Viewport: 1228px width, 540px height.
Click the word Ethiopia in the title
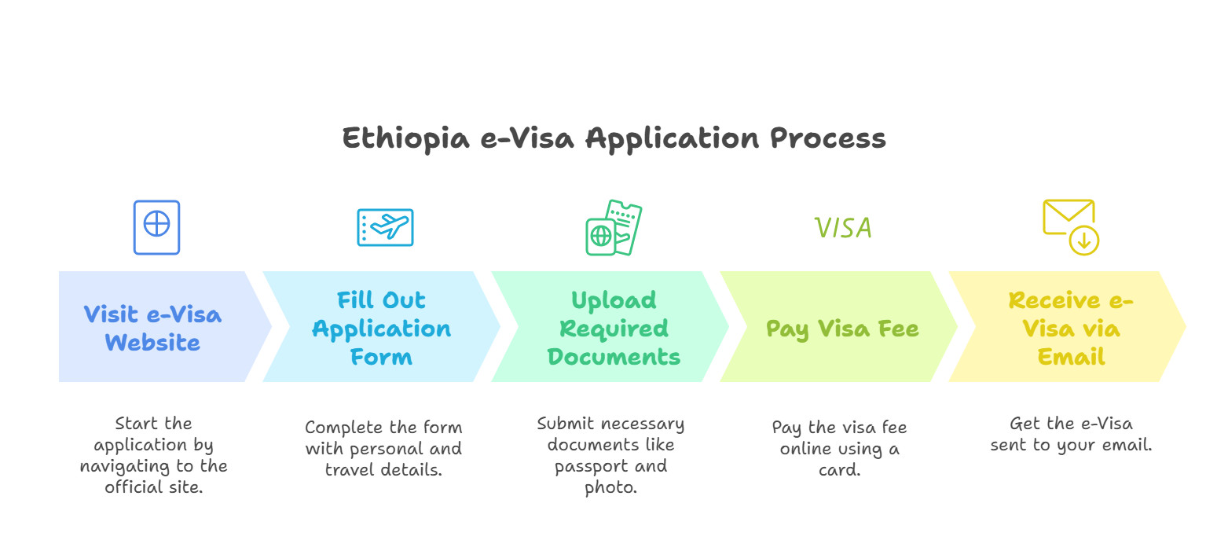click(x=406, y=138)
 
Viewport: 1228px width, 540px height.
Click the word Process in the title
click(x=828, y=138)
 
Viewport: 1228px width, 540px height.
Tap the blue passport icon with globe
click(x=157, y=227)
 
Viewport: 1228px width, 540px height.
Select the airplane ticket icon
click(x=386, y=227)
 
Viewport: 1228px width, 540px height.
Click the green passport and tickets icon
click(x=614, y=227)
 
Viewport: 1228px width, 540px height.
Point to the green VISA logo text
click(x=842, y=228)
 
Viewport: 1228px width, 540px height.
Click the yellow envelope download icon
click(x=1071, y=227)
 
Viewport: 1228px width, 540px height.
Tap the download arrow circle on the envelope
click(x=1083, y=240)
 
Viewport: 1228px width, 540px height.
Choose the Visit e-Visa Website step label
click(x=152, y=329)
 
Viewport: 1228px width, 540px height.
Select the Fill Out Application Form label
click(x=382, y=329)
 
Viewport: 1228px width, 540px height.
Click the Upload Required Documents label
click(x=614, y=329)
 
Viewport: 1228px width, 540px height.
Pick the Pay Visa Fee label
click(x=842, y=329)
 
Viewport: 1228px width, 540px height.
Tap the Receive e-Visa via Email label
click(x=1071, y=329)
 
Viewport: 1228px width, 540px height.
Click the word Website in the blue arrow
click(x=152, y=343)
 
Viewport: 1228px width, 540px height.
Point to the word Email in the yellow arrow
click(x=1071, y=357)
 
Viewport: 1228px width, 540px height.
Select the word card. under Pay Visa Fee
click(x=840, y=470)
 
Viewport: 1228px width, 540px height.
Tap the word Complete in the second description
click(x=344, y=427)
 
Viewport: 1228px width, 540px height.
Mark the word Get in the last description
click(x=1025, y=423)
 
